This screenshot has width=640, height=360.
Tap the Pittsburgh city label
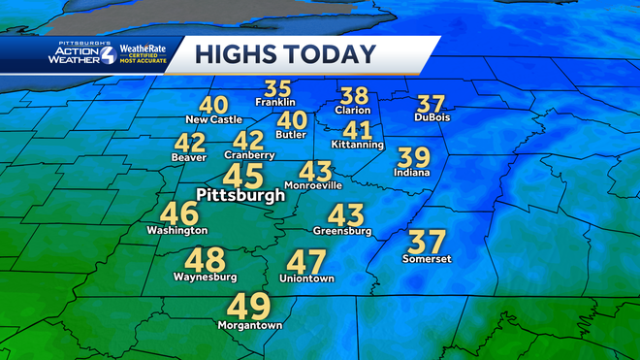[240, 195]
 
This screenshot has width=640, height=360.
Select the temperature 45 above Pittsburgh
[242, 176]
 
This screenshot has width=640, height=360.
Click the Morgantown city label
[254, 326]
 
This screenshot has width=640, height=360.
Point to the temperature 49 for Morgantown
[247, 307]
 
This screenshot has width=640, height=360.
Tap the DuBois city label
[432, 117]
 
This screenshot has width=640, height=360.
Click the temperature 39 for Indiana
[415, 156]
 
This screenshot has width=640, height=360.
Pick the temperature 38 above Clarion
[355, 96]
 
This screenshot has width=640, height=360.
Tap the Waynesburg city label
[205, 277]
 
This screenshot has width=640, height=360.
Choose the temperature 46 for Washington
[179, 213]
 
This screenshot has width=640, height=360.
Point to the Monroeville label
[313, 184]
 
